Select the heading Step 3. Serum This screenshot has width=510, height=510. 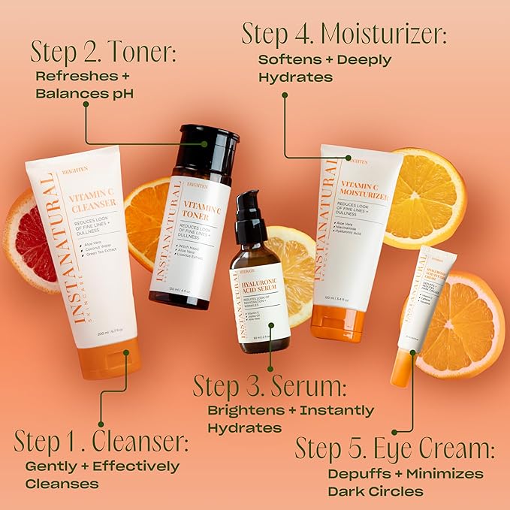click(x=270, y=386)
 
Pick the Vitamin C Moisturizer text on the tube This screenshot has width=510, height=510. click(x=363, y=188)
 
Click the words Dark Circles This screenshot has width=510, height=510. click(x=375, y=492)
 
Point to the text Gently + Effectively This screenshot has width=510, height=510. click(x=102, y=466)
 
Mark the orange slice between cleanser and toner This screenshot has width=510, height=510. click(x=146, y=214)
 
